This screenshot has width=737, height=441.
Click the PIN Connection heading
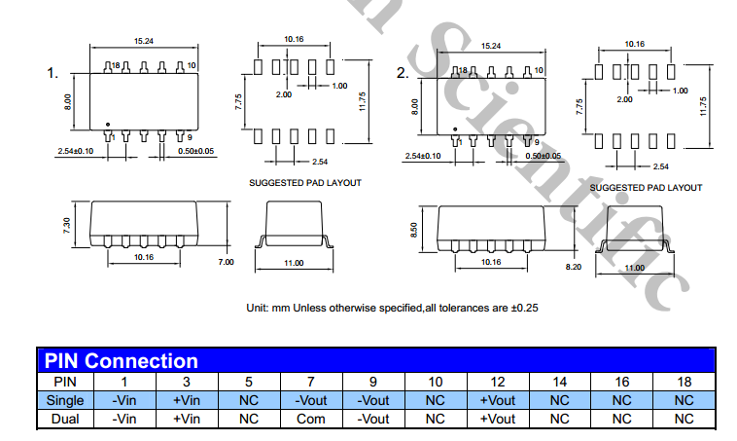(122, 361)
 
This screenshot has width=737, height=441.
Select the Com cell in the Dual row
(310, 418)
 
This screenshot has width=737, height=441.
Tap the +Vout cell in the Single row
(497, 399)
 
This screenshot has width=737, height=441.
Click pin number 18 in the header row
(684, 381)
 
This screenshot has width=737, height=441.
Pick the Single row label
(64, 399)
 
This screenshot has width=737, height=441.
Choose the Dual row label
(64, 418)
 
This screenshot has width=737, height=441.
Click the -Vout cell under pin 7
(310, 399)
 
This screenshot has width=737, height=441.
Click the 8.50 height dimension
(415, 229)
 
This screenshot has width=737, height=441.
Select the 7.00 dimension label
(226, 262)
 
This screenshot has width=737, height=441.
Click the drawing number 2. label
(403, 73)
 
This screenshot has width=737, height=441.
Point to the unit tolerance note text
(392, 308)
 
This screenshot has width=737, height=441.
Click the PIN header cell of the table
(64, 381)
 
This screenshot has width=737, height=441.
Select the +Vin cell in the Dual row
(186, 418)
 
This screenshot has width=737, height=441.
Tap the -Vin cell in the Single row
(123, 399)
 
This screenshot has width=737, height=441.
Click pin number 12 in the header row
(497, 381)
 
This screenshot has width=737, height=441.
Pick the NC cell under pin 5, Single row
(248, 399)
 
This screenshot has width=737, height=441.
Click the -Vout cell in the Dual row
(372, 418)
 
